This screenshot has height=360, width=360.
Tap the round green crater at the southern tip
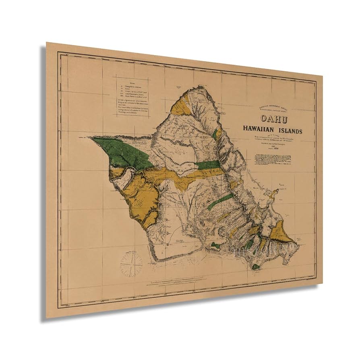pyautogui.click(x=256, y=267)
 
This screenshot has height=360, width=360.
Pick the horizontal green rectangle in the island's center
pyautogui.click(x=209, y=164)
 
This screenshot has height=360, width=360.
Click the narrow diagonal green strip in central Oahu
pyautogui.click(x=220, y=201)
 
